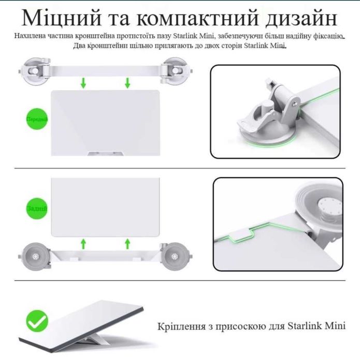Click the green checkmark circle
37,322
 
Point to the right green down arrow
127,82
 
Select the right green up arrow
127,243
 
